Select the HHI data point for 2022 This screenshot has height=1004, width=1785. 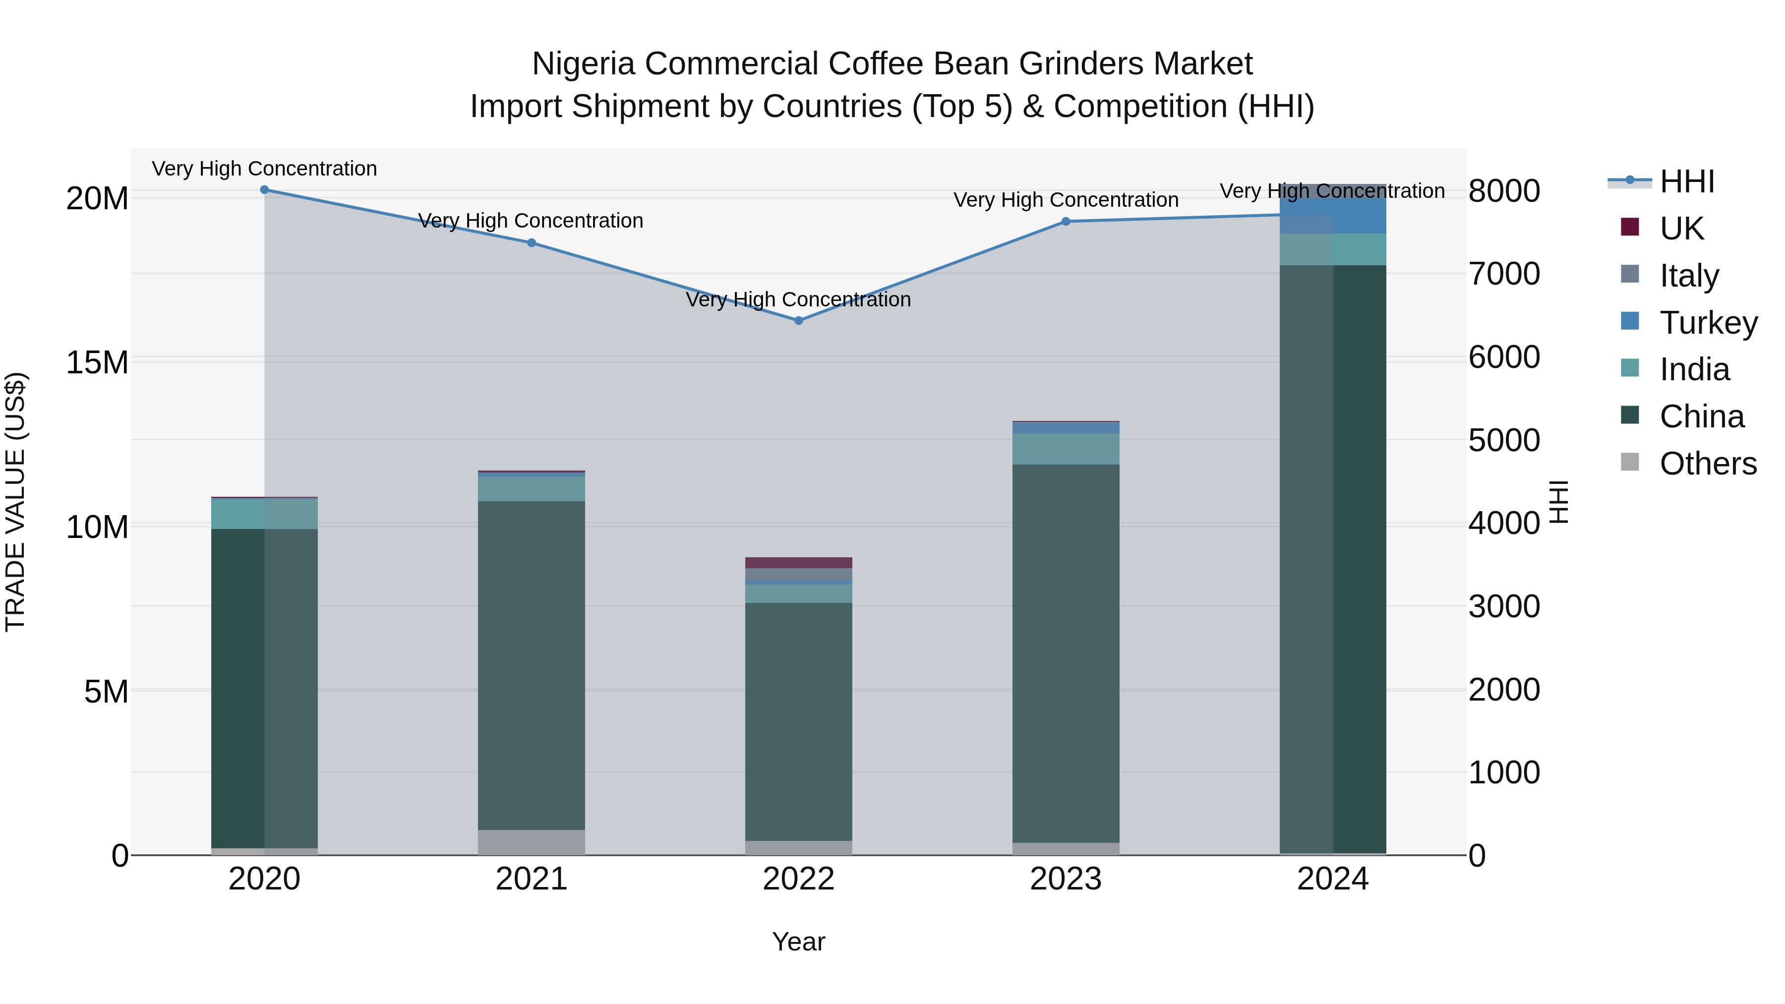pos(798,321)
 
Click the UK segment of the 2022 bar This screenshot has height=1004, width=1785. pos(798,563)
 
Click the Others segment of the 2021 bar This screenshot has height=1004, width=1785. pos(532,842)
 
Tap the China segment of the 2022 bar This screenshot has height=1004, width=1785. pos(798,720)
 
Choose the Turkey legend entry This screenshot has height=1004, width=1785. pos(1708,323)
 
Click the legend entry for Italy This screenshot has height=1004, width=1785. pos(1689,276)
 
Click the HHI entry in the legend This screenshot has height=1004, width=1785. pos(1687,181)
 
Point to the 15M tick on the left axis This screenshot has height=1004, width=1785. pos(97,363)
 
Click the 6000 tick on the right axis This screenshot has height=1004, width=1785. pos(1504,357)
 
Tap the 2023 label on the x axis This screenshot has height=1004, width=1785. pos(1066,879)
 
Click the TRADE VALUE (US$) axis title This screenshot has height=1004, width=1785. pos(15,502)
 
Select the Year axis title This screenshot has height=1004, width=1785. pos(798,942)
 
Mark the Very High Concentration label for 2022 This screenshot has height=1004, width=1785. pos(798,299)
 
